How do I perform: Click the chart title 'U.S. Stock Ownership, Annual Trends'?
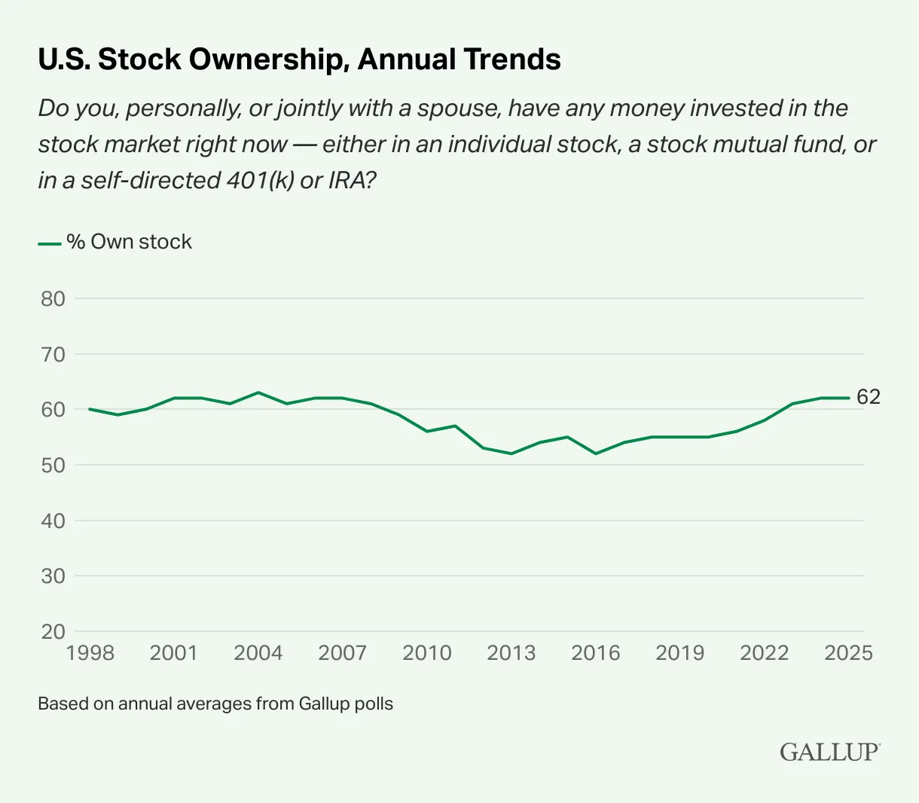point(299,60)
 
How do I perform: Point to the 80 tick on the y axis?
point(53,298)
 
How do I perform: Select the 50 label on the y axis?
point(53,465)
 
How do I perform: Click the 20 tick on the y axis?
point(53,631)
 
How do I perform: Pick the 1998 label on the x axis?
point(90,653)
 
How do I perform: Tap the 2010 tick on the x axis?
point(427,653)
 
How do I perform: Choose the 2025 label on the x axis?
point(848,653)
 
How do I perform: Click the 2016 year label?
point(595,653)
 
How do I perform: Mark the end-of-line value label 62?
point(869,397)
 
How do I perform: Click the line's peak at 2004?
point(258,392)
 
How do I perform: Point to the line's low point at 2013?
point(511,453)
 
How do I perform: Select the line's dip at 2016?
point(596,453)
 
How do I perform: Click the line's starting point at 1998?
point(90,409)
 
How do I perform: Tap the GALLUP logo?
point(829,752)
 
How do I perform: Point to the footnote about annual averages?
point(215,704)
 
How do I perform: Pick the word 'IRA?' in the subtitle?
point(352,181)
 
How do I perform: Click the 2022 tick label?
point(764,653)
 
